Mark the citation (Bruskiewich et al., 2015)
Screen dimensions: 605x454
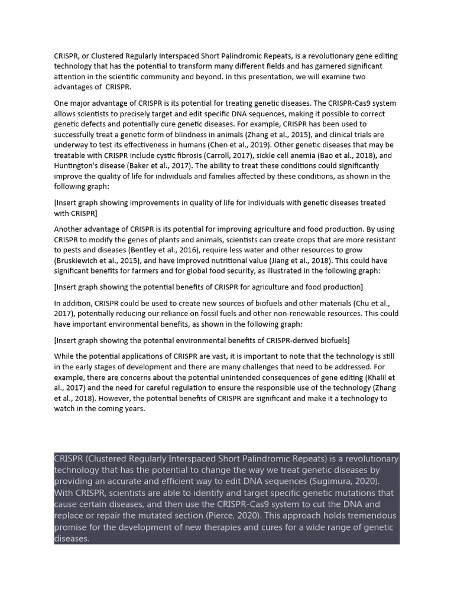pos(98,261)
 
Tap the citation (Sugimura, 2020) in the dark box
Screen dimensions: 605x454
pos(351,482)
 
